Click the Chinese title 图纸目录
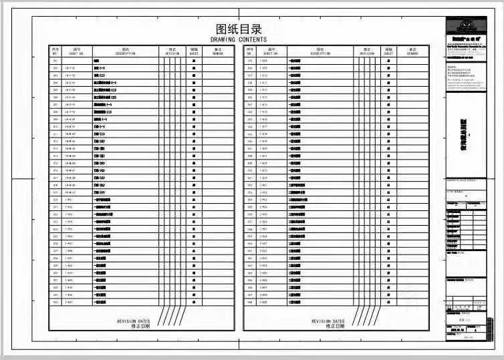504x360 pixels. tap(239, 29)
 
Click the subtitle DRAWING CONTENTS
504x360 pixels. tap(239, 39)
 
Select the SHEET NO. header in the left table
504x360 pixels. tap(77, 51)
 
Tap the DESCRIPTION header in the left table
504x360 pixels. tap(125, 51)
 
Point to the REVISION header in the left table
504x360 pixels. tap(172, 51)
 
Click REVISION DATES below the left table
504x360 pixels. tap(133, 323)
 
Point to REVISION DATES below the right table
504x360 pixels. tap(328, 323)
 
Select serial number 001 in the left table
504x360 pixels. tap(55, 61)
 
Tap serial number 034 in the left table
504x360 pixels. tap(55, 302)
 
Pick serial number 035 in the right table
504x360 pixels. tap(250, 61)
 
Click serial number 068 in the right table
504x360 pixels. tap(250, 302)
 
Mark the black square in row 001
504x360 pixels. tap(194, 61)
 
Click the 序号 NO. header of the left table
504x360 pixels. tap(55, 51)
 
